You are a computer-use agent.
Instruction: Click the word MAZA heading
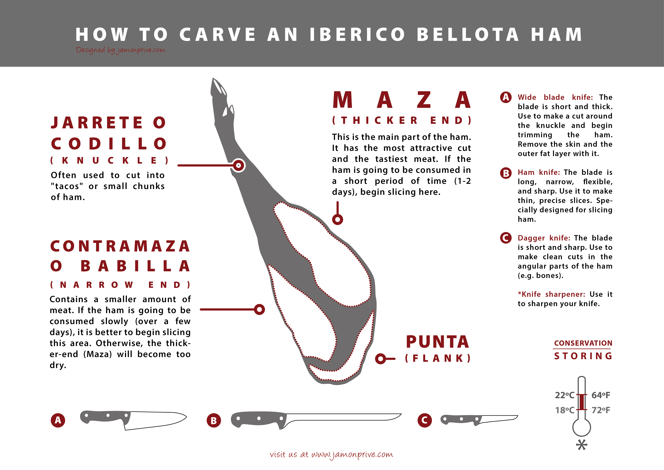point(402,100)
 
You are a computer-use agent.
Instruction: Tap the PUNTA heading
point(438,342)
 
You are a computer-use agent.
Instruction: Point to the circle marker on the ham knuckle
point(239,166)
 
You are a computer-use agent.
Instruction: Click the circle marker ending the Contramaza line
point(259,309)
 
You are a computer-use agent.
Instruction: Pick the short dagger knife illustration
point(479,420)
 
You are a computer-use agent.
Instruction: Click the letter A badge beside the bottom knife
point(58,420)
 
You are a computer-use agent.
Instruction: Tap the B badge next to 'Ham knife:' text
point(506,173)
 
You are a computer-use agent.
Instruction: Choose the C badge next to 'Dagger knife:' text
point(506,238)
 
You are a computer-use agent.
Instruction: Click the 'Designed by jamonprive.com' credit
point(121,50)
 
